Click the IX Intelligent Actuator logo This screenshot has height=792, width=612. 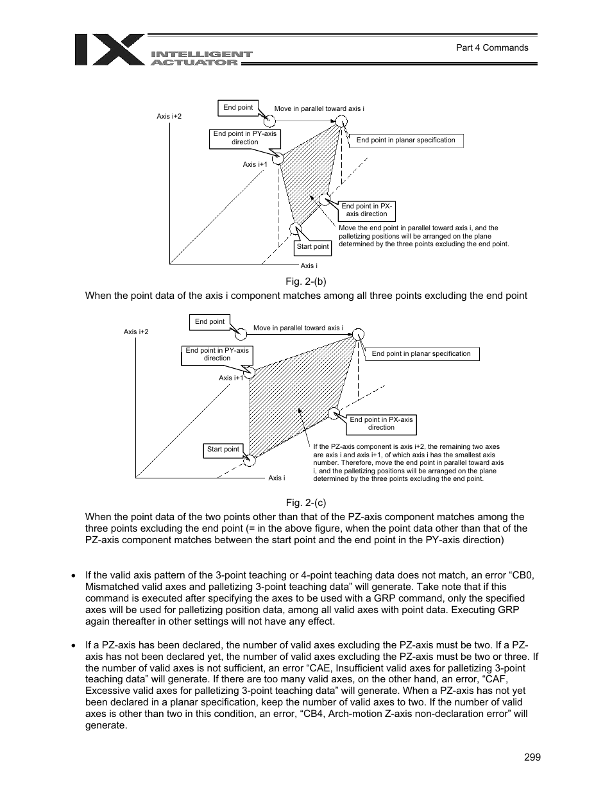tap(163, 51)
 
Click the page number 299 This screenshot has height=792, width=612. tap(532, 757)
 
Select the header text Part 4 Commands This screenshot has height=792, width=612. tap(492, 47)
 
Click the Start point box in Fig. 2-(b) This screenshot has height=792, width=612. tap(312, 247)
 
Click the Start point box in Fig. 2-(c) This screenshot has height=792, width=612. tap(223, 450)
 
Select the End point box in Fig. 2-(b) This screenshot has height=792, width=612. tap(238, 108)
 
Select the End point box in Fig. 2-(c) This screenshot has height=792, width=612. tap(210, 322)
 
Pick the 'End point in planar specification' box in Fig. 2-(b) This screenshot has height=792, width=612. tap(405, 140)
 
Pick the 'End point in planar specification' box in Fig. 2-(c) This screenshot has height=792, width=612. tap(421, 354)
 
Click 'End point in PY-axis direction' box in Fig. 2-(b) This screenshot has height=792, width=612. tap(244, 139)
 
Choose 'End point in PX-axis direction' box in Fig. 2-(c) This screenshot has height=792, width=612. tap(381, 424)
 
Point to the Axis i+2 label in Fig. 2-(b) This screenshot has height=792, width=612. tap(169, 117)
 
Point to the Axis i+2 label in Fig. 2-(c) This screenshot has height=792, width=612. tap(136, 332)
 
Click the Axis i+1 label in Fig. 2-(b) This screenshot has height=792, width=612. tap(255, 165)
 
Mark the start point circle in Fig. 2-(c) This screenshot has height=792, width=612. tap(250, 460)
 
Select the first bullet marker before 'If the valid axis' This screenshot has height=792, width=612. tap(74, 576)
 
